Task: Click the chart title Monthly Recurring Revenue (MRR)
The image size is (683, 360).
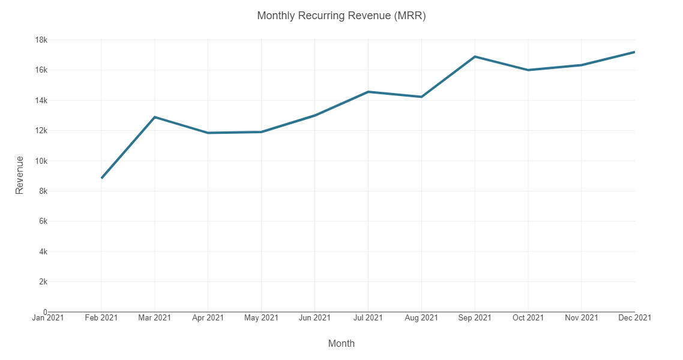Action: [x=341, y=16]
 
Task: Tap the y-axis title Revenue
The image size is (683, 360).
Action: [x=20, y=175]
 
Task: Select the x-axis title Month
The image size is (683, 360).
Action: [x=341, y=343]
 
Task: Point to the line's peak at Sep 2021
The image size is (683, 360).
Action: [x=475, y=56]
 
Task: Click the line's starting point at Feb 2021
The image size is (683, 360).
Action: [x=101, y=178]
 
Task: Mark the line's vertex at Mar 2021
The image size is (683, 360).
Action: [x=155, y=117]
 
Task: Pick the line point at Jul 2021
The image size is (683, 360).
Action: [x=368, y=92]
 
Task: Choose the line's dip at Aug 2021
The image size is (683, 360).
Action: [x=421, y=97]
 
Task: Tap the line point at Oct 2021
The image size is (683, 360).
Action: [x=528, y=70]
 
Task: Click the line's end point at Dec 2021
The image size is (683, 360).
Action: [x=634, y=52]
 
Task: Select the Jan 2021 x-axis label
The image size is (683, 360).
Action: [x=48, y=317]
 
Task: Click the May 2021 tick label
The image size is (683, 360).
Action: [x=261, y=317]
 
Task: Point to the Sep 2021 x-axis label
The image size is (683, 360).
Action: [x=475, y=317]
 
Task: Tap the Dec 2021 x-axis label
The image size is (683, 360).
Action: [x=634, y=317]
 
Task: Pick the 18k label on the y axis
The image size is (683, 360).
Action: [x=41, y=40]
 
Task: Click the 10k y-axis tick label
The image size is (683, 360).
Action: [x=41, y=161]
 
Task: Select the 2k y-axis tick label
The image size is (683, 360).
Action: [x=43, y=281]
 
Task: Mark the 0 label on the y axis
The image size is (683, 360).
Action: [x=46, y=312]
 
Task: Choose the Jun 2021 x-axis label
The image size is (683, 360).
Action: [x=314, y=317]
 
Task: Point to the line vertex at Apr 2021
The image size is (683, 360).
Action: [x=208, y=133]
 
